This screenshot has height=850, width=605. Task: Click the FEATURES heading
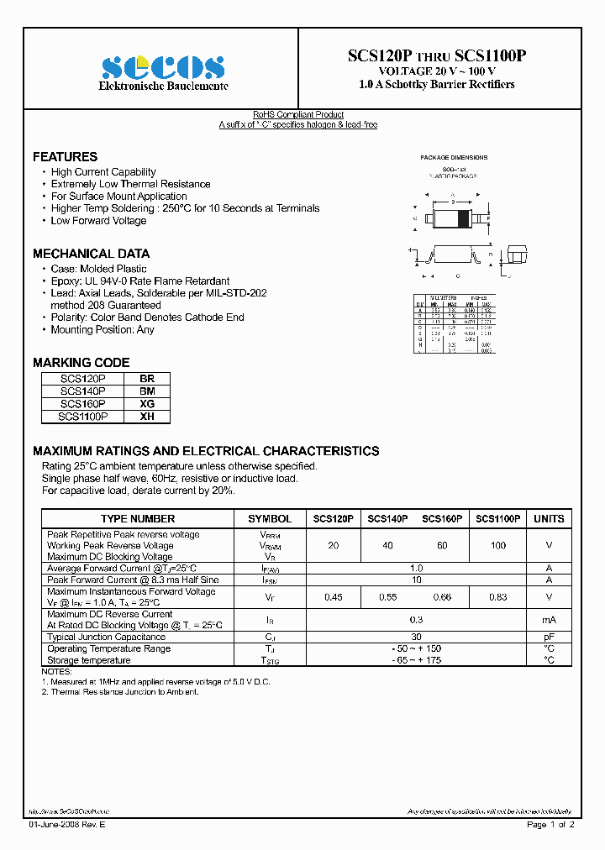point(65,157)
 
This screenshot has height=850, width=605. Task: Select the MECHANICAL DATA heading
point(91,254)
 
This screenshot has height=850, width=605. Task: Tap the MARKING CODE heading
point(81,363)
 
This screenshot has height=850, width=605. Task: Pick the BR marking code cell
point(147,379)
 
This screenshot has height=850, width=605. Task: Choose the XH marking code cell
point(147,416)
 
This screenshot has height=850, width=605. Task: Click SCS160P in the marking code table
point(83,404)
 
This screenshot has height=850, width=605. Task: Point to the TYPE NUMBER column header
point(138,519)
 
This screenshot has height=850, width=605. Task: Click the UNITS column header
point(549,519)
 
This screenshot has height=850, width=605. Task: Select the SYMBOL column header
point(270,519)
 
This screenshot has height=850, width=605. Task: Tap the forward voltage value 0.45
point(333,597)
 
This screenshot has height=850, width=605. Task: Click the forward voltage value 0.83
point(498,597)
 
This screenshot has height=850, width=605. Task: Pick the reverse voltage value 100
point(498,546)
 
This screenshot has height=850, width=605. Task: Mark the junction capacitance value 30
point(416,637)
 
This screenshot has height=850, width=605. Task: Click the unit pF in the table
point(549,637)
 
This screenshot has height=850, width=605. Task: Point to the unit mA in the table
point(549,620)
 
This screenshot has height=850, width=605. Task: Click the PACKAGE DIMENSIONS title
point(454,158)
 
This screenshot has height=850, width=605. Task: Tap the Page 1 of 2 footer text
point(550,825)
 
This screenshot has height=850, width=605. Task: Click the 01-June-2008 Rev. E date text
point(67,825)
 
